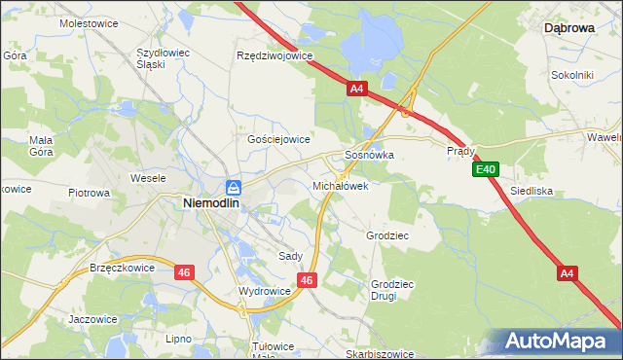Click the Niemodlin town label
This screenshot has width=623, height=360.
coord(213,203)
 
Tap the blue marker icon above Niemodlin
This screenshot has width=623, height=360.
coord(234,187)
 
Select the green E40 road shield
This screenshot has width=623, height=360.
coord(487,170)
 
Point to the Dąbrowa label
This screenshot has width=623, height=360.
coord(569,29)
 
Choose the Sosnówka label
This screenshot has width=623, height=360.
coord(369,155)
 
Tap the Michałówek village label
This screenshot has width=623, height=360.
coord(340,185)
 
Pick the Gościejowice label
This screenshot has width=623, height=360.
coord(278,139)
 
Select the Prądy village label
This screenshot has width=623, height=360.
coord(460,152)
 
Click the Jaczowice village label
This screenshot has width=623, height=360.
coord(92,319)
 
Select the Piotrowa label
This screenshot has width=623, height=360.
coord(89,193)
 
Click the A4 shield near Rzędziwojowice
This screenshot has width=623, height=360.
coord(356,89)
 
